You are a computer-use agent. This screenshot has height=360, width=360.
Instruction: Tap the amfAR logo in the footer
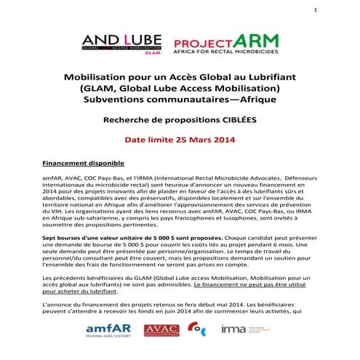[108, 332]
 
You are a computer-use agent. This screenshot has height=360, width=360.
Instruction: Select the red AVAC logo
[161, 330]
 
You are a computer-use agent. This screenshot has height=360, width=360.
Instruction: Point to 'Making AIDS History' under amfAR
[107, 341]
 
